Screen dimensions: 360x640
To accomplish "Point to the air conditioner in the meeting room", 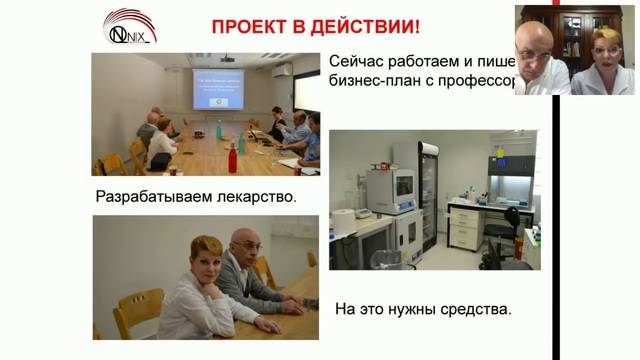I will (x=283, y=71).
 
